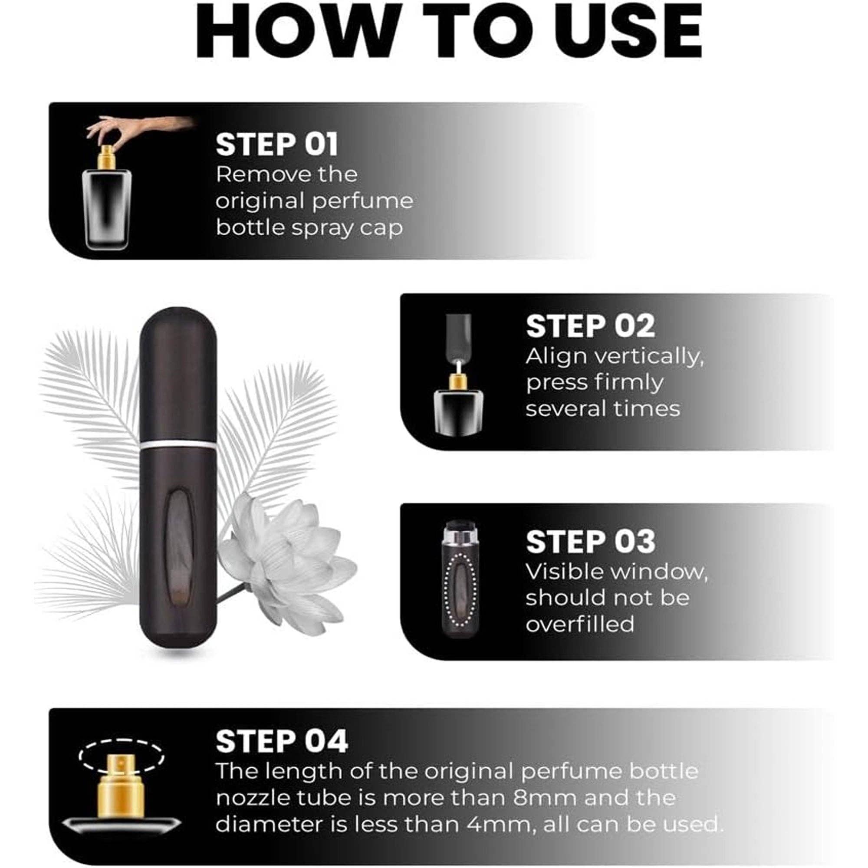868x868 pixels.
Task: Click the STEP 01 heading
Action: (276, 144)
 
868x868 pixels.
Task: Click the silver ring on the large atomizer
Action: (178, 445)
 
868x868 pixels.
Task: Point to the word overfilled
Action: (580, 624)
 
